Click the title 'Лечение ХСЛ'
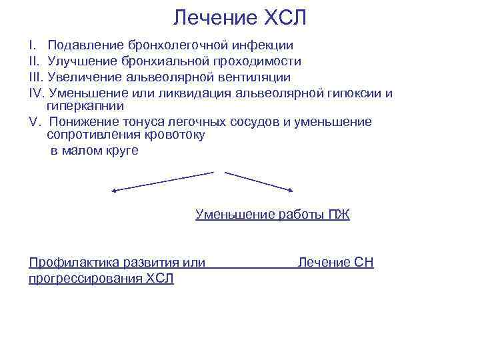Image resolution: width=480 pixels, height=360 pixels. pyautogui.click(x=240, y=18)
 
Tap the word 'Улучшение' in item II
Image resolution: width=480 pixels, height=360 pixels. pyautogui.click(x=81, y=61)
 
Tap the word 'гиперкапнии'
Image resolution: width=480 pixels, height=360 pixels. pyautogui.click(x=86, y=105)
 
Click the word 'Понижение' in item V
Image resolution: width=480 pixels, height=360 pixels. pyautogui.click(x=80, y=122)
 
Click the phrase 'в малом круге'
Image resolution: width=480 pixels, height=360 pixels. pyautogui.click(x=95, y=150)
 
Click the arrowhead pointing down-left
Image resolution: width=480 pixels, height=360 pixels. pyautogui.click(x=114, y=191)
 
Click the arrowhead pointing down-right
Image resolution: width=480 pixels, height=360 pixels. pyautogui.click(x=290, y=191)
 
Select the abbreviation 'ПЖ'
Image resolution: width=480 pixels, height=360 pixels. pyautogui.click(x=339, y=215)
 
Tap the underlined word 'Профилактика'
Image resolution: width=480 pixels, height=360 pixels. pyautogui.click(x=71, y=263)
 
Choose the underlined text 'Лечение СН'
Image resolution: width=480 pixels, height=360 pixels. pyautogui.click(x=335, y=263)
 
